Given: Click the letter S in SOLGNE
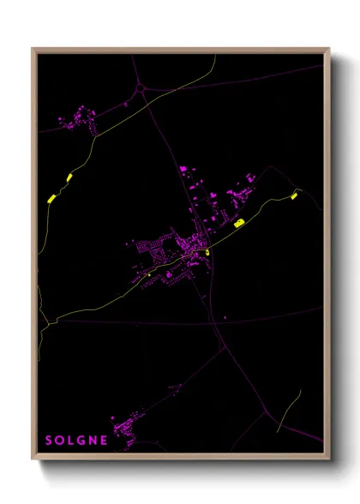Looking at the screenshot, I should click(x=48, y=441).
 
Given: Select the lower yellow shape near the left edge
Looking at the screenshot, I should click(x=51, y=198).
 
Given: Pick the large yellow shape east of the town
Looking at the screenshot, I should click(x=239, y=223).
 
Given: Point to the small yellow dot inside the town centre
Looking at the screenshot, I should click(x=207, y=252).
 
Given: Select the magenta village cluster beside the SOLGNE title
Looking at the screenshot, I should click(x=129, y=428).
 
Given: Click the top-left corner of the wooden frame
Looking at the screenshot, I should click(x=33, y=49).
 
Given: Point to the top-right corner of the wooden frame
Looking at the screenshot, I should click(x=328, y=49).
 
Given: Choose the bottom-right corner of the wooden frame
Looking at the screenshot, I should click(x=328, y=459).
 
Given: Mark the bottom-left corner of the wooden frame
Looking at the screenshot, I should click(x=33, y=459).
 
